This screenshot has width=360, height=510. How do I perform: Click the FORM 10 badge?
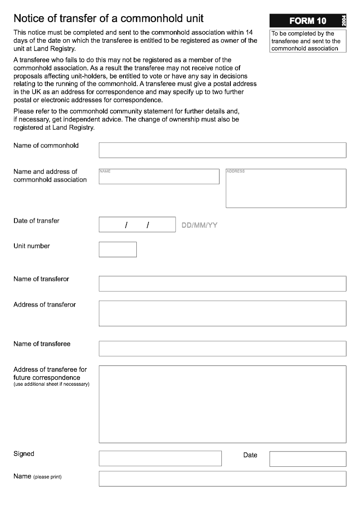[308, 21]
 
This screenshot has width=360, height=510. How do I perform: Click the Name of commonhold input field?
[222, 150]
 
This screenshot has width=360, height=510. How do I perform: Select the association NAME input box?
[159, 176]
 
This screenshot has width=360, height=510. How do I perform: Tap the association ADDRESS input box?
[286, 188]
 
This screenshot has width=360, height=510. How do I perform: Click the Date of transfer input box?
[137, 225]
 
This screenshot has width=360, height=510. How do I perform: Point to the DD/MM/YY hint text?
[199, 225]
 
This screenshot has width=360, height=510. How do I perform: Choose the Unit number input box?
[117, 249]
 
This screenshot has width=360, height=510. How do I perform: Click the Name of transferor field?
[222, 284]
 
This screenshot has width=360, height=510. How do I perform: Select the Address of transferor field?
[222, 313]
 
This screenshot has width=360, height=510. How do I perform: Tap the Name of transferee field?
[222, 348]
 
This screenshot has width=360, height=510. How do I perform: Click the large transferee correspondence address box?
[222, 404]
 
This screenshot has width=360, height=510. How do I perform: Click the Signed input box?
[160, 458]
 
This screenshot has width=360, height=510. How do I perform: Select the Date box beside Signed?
[308, 459]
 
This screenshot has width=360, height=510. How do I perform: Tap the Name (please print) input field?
[222, 478]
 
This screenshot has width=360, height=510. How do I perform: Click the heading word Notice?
[29, 18]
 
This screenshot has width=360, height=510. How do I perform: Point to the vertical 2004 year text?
[344, 21]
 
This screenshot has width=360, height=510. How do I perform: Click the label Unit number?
[31, 246]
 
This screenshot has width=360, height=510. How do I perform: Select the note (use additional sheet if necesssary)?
[51, 384]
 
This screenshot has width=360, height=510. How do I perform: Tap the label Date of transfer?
[36, 221]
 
